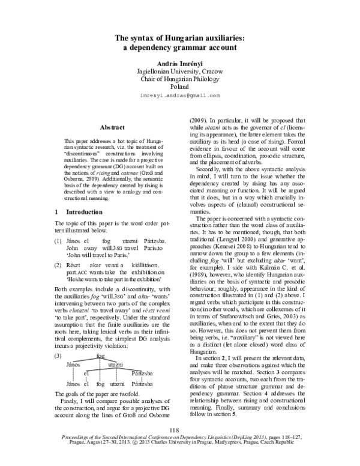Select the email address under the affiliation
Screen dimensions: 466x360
click(x=179, y=95)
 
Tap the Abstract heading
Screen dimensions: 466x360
click(x=113, y=128)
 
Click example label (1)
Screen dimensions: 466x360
click(x=58, y=240)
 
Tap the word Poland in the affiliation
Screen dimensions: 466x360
click(x=179, y=86)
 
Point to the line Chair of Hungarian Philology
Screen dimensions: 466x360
click(x=179, y=78)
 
